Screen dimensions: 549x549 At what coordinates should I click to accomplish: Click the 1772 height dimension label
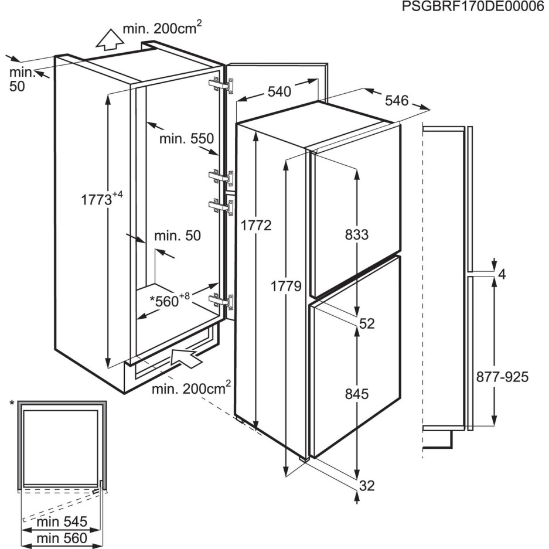pyautogui.click(x=256, y=226)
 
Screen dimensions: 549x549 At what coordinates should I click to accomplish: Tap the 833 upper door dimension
pyautogui.click(x=357, y=235)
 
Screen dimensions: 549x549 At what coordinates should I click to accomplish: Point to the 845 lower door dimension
pyautogui.click(x=357, y=394)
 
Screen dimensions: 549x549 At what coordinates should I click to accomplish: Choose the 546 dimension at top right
pyautogui.click(x=397, y=101)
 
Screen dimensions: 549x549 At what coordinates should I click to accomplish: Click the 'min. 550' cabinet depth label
pyautogui.click(x=187, y=139)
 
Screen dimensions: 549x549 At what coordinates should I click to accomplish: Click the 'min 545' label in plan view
pyautogui.click(x=62, y=521)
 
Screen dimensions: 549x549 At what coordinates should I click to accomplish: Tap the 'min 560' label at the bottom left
pyautogui.click(x=62, y=538)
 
